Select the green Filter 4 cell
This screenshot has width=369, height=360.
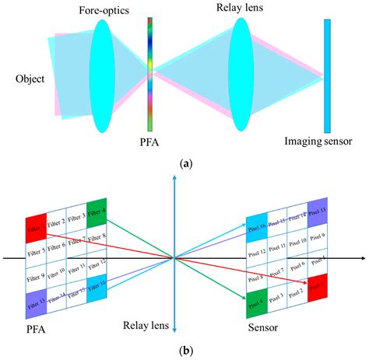98,210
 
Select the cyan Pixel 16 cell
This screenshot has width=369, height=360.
256,229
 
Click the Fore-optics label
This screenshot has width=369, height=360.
104,10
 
